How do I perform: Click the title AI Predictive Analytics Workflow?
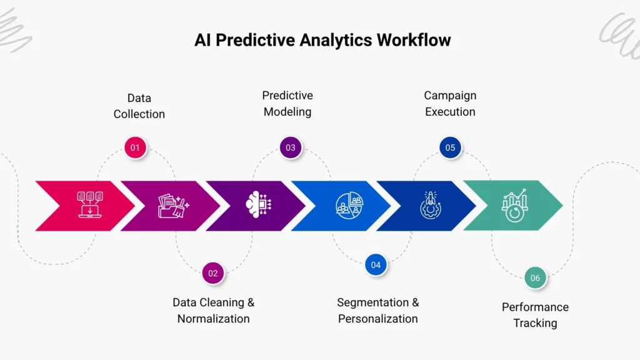pyautogui.click(x=322, y=40)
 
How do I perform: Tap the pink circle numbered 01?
pyautogui.click(x=135, y=148)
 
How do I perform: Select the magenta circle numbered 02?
pyautogui.click(x=213, y=272)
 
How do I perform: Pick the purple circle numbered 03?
pyautogui.click(x=291, y=148)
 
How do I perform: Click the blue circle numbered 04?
pyautogui.click(x=376, y=265)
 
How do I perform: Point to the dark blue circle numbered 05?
pyautogui.click(x=450, y=148)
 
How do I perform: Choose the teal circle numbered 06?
pyautogui.click(x=535, y=277)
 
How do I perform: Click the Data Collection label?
pyautogui.click(x=139, y=106)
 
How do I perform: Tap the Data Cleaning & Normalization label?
pyautogui.click(x=213, y=311)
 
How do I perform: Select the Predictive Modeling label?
pyautogui.click(x=287, y=104)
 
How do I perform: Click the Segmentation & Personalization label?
pyautogui.click(x=378, y=311)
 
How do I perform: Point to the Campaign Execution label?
pyautogui.click(x=450, y=104)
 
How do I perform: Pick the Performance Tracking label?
pyautogui.click(x=535, y=315)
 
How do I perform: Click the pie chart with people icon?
pyautogui.click(x=349, y=205)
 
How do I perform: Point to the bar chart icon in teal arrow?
pyautogui.click(x=514, y=205)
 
